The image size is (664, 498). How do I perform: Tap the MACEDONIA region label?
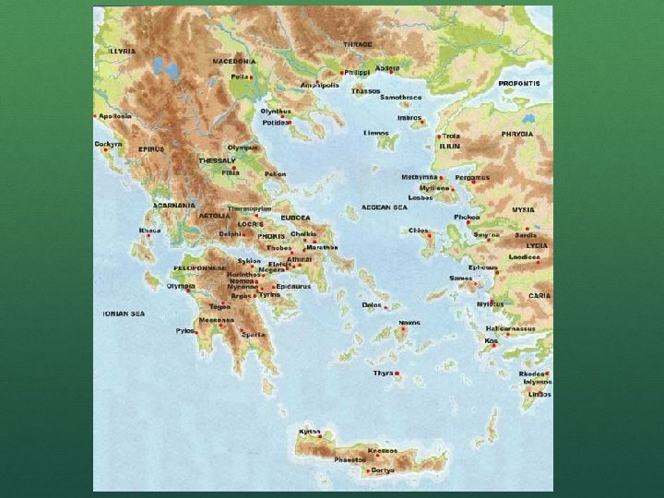coord(234,61)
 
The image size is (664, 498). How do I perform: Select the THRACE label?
coord(358,44)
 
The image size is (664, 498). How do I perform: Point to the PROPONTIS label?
coord(519,83)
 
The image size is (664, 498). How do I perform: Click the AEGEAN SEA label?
coord(385,207)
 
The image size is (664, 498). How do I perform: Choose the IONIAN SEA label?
coord(124,314)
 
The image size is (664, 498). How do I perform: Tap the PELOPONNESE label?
coord(197,268)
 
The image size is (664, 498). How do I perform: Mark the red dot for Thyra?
coord(397,373)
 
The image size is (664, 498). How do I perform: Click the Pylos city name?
coord(185,329)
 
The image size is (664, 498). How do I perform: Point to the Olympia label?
coord(180,286)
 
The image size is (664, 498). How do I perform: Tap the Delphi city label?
coord(230,234)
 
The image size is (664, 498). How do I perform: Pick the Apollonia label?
coord(115,116)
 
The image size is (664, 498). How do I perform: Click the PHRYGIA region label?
coord(517,134)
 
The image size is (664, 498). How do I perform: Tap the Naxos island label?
coord(409,323)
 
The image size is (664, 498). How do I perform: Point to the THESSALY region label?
coord(217,160)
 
